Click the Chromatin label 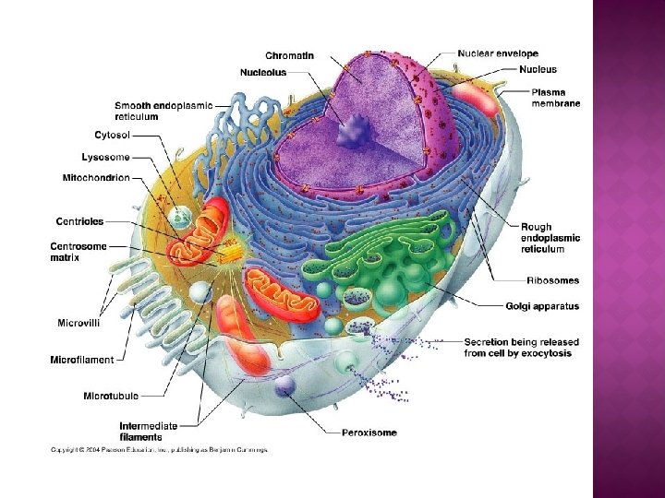point(289,55)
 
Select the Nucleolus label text point(263,72)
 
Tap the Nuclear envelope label point(498,53)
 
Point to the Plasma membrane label point(555,98)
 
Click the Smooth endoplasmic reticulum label point(163,111)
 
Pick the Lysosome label point(105,157)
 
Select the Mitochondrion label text point(96,177)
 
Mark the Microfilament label point(82,360)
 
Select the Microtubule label point(111,396)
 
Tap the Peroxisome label point(369,432)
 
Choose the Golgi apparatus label point(542,306)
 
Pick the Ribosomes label point(552,280)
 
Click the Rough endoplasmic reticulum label point(549,238)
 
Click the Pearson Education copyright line point(158,450)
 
